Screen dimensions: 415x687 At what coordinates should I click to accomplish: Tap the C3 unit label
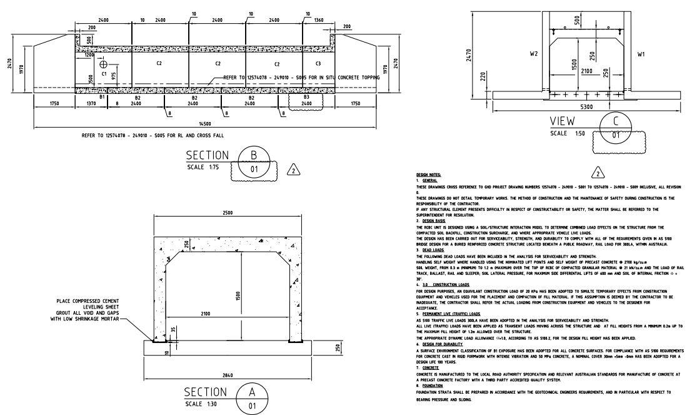(318, 64)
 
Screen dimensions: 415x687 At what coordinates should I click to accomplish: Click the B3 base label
(306, 98)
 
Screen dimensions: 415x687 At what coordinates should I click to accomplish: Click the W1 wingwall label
(641, 54)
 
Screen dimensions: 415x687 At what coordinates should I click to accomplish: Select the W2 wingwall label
(534, 54)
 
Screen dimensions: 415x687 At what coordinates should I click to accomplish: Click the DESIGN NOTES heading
(428, 175)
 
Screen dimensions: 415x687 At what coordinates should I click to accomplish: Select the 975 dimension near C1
(113, 76)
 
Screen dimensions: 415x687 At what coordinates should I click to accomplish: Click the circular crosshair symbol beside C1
(103, 64)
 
